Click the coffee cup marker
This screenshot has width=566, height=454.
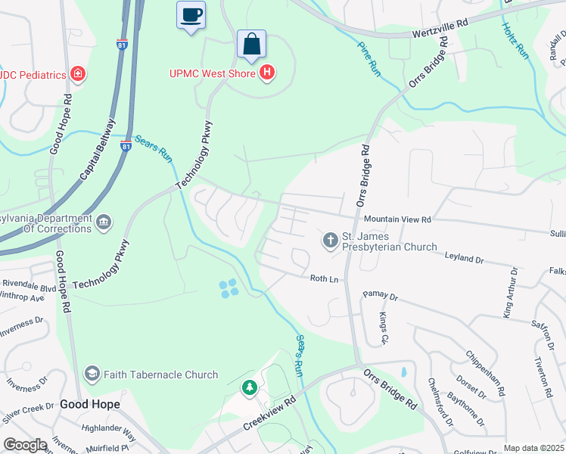click(x=191, y=15)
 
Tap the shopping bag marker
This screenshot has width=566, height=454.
click(x=251, y=45)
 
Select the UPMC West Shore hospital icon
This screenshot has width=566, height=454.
click(x=266, y=73)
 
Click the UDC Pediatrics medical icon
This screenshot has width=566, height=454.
click(x=77, y=73)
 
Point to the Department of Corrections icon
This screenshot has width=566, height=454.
click(x=104, y=222)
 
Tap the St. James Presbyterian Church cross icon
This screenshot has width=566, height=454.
click(x=330, y=241)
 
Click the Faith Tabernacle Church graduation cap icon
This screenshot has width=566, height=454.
click(x=92, y=374)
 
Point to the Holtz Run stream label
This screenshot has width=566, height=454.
click(x=515, y=39)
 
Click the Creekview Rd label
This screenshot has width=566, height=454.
click(x=268, y=413)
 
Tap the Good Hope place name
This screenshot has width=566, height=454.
click(x=90, y=404)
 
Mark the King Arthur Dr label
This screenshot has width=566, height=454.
click(x=510, y=291)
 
